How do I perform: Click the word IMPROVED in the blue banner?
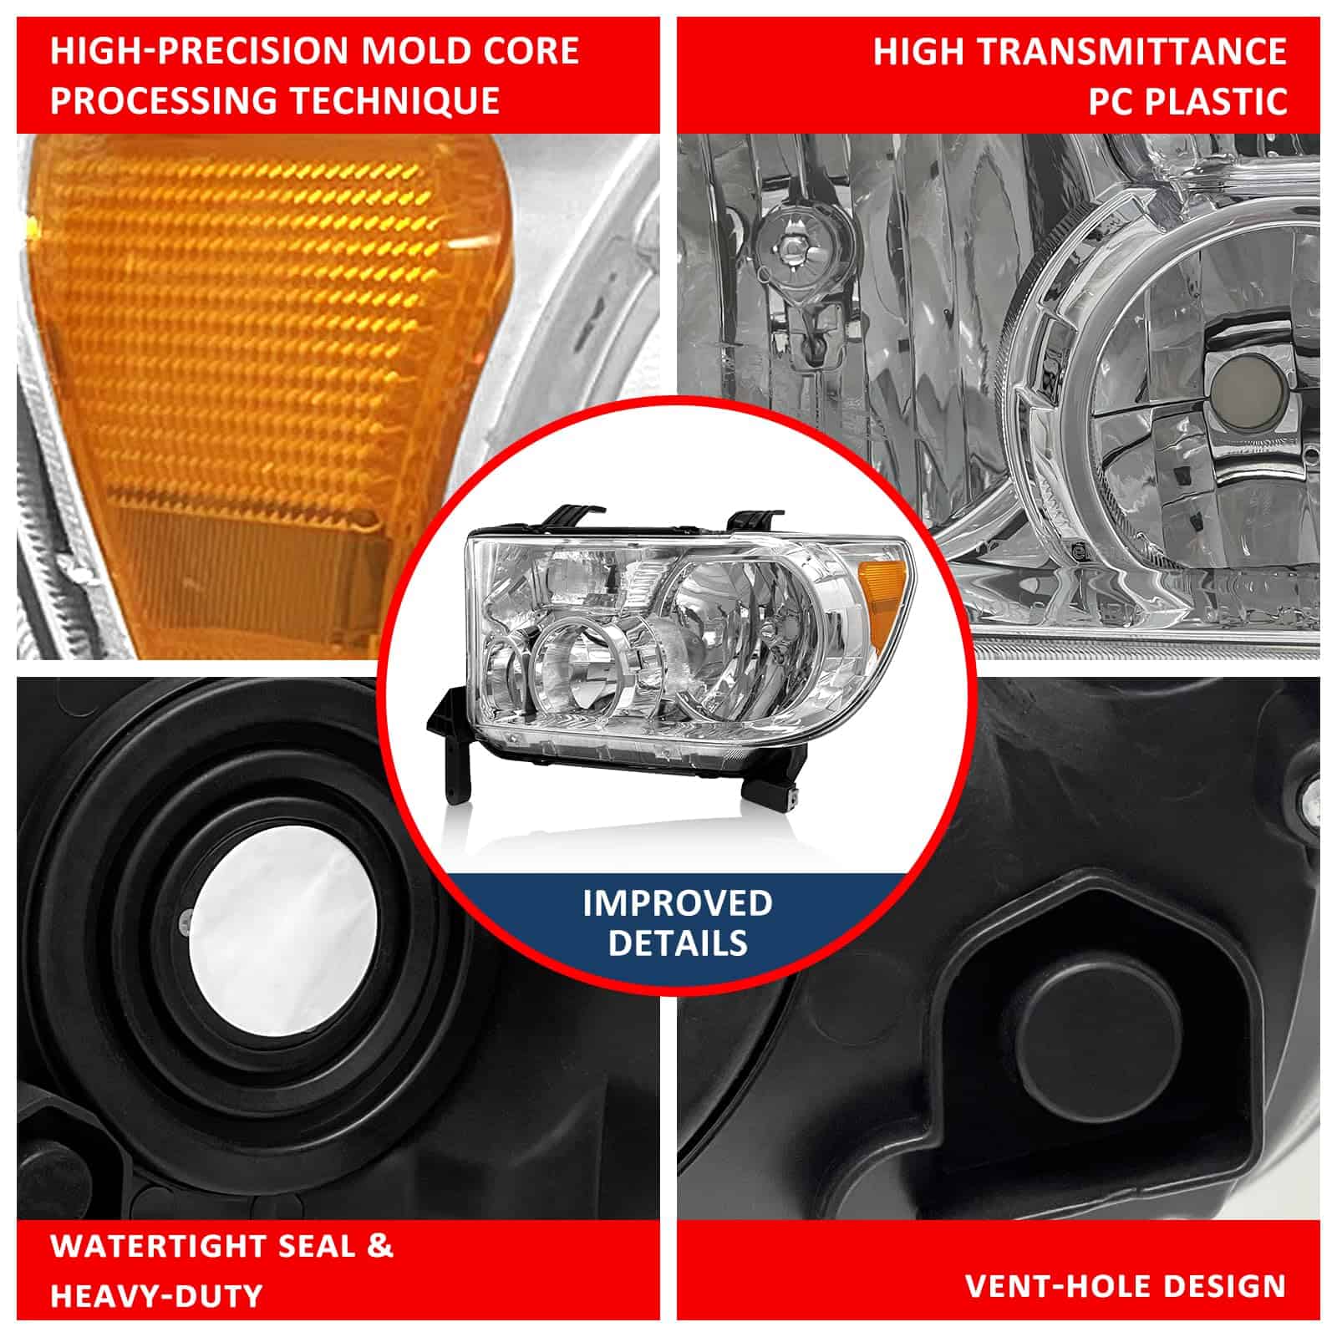point(678,902)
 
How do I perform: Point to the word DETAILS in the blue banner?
point(678,943)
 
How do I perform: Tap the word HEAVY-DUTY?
point(156,1296)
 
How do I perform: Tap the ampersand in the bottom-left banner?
point(379,1246)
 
